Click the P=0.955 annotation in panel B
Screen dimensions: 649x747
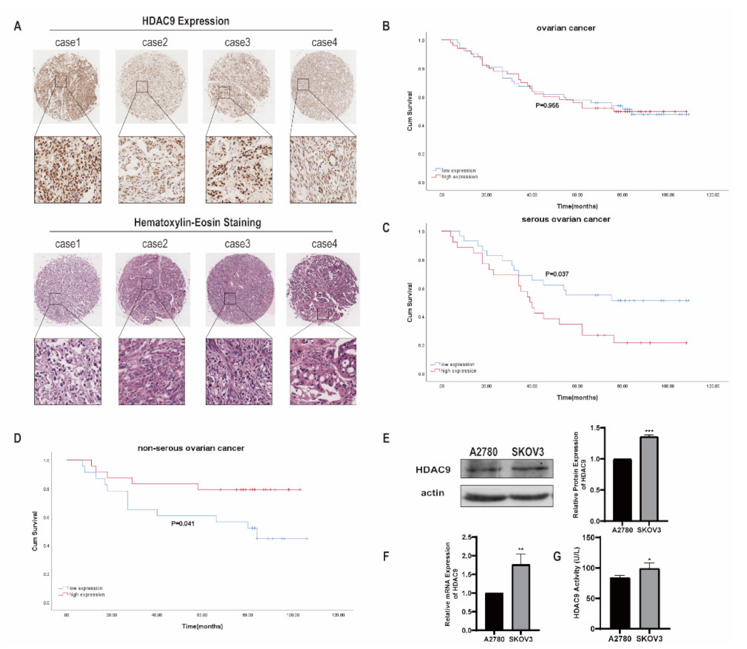547,105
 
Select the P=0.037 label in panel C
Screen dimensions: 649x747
557,274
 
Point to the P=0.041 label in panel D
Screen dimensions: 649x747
182,523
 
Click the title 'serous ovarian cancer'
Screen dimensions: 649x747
566,219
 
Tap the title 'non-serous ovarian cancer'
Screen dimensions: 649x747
191,448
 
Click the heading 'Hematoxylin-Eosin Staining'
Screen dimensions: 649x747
197,223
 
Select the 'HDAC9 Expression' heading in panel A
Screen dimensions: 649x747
185,21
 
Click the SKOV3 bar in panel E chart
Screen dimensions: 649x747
649,478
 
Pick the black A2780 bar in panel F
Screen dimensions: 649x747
494,611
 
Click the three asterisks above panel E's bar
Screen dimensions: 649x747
649,431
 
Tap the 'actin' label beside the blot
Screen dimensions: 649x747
433,493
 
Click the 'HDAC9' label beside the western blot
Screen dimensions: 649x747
433,469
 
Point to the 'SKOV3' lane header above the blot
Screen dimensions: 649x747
527,452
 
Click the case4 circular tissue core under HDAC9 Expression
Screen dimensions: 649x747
323,87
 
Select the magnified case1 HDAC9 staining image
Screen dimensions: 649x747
68,170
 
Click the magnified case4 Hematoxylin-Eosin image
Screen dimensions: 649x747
323,371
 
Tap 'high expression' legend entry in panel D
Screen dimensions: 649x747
86,594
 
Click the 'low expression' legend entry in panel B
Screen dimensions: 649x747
458,170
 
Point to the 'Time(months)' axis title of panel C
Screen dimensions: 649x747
577,397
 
